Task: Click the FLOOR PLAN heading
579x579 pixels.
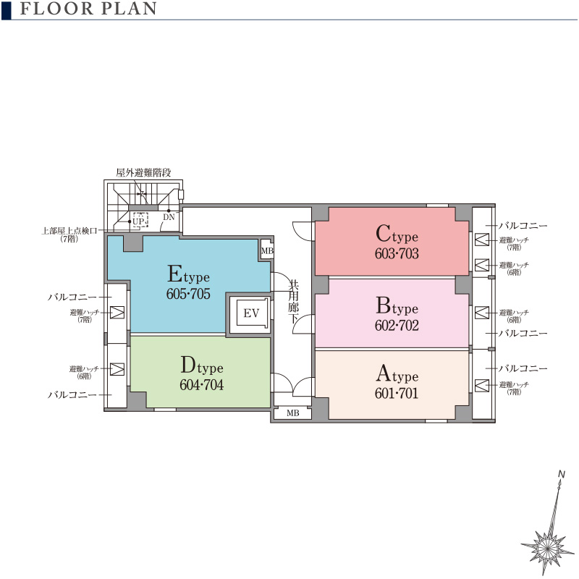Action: [88, 9]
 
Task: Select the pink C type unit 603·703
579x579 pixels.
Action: [392, 242]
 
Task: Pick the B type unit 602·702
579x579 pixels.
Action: [392, 313]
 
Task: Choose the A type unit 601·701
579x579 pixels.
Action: [392, 385]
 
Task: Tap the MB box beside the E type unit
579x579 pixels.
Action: [267, 250]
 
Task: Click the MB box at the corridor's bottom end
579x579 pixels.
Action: [293, 413]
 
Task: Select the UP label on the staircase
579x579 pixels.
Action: [138, 221]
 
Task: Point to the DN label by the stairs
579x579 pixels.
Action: [169, 217]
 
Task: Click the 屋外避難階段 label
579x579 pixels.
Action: [143, 172]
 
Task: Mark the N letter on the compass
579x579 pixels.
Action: [562, 474]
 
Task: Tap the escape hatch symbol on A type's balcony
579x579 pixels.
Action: [482, 386]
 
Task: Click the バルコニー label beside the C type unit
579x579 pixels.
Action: [523, 226]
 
